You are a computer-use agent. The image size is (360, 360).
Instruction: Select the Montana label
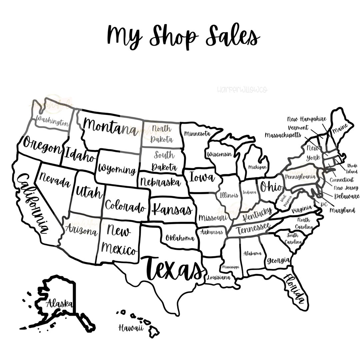click(110, 127)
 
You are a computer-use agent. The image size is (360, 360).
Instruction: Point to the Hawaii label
click(131, 328)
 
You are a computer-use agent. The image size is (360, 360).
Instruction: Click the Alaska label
click(59, 303)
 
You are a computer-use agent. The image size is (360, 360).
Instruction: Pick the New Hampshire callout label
click(307, 119)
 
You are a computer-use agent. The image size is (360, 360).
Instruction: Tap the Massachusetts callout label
click(283, 135)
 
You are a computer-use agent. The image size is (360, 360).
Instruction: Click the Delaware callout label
click(347, 196)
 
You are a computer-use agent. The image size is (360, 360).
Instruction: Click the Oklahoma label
click(180, 238)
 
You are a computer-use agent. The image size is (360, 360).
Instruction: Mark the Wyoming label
click(117, 170)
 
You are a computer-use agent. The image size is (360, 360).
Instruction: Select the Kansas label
click(172, 209)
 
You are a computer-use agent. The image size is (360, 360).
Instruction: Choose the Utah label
click(88, 192)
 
